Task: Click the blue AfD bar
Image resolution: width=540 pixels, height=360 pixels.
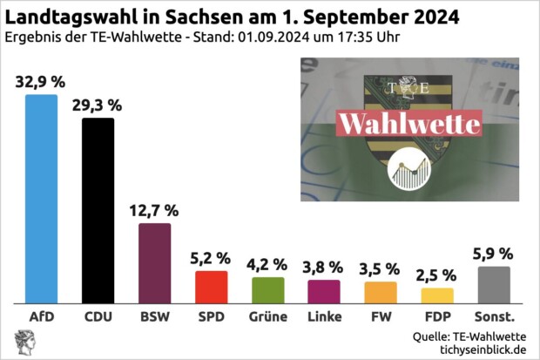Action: (42, 199)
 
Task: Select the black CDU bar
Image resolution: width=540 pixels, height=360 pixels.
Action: (98, 210)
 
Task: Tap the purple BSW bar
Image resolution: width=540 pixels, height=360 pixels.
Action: (155, 262)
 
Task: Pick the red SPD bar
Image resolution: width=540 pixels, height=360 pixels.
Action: (211, 286)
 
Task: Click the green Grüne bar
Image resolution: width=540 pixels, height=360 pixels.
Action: (267, 289)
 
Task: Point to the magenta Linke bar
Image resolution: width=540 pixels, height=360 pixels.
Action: (324, 290)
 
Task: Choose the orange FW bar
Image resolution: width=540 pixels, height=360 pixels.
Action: (381, 291)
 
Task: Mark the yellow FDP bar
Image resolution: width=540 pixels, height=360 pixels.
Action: (437, 295)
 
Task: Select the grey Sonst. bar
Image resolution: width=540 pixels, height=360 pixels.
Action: (494, 284)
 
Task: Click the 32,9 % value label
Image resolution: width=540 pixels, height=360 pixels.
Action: (42, 81)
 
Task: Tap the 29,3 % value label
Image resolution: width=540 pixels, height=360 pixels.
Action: (98, 105)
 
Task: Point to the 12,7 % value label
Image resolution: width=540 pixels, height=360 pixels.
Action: (154, 210)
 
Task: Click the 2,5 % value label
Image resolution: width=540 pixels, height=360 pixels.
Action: (437, 275)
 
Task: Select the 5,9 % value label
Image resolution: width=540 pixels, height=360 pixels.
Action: (494, 254)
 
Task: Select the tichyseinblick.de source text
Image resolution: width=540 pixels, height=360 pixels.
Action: (477, 349)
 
